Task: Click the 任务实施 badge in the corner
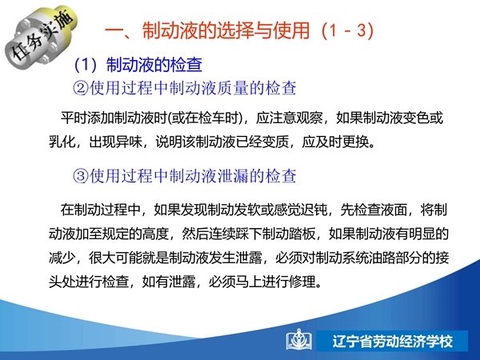(x=41, y=35)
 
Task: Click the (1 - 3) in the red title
(x=347, y=30)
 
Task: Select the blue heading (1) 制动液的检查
(x=138, y=65)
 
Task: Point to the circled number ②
(x=81, y=88)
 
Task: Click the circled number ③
(x=81, y=176)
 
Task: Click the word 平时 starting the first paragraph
(x=74, y=118)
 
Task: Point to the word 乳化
(x=62, y=142)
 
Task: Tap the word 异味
(x=129, y=142)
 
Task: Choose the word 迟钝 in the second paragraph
(x=314, y=210)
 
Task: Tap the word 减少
(x=62, y=258)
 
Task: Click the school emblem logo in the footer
(x=299, y=340)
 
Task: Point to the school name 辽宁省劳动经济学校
(x=393, y=341)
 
